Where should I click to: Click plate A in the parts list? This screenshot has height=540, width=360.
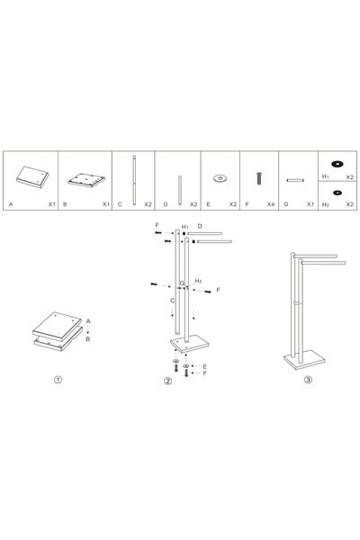tap(32, 176)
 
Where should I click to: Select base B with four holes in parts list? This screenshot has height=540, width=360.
tap(86, 176)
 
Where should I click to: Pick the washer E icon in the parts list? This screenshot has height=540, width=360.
tap(219, 178)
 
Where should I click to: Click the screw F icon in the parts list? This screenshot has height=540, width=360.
tap(259, 178)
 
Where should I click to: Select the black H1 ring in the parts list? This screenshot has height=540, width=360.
tap(339, 163)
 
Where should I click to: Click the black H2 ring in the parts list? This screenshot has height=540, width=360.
tap(339, 192)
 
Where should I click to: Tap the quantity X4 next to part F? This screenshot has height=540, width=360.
tap(270, 205)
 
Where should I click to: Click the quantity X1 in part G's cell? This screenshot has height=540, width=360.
tap(310, 205)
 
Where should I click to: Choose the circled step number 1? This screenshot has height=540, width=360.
tap(58, 380)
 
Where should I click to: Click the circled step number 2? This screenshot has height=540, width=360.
tap(167, 380)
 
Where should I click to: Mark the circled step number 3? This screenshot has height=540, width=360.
tap(309, 380)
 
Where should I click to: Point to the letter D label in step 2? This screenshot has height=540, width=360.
tap(200, 227)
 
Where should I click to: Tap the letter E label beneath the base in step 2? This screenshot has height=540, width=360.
tap(204, 366)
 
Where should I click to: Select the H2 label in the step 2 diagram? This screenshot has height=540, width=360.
tap(197, 282)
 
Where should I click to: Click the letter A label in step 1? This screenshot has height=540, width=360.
tap(88, 319)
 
